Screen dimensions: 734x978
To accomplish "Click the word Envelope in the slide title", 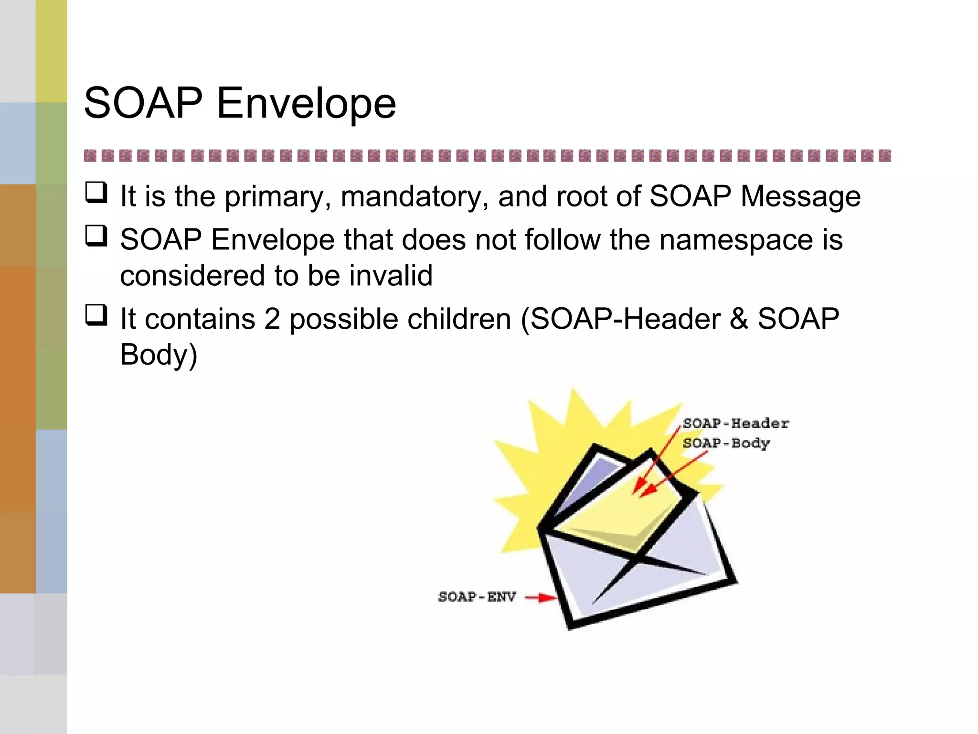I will [306, 104].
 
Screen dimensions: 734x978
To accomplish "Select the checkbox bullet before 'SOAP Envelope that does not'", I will [96, 236].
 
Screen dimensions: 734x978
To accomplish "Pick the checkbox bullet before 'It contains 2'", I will [96, 315].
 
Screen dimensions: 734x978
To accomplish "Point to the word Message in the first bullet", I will [801, 197].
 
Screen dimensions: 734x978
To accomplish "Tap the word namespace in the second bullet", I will [736, 239].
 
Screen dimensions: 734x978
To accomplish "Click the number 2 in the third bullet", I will [272, 319].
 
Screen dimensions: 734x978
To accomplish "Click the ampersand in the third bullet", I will [739, 319].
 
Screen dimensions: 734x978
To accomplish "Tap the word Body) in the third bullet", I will [159, 355].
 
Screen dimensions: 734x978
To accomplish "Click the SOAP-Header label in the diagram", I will [735, 423].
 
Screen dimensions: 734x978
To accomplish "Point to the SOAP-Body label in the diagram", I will [726, 443].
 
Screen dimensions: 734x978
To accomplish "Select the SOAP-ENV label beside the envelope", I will [477, 597].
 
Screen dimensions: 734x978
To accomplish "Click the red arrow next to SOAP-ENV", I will [541, 597].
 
